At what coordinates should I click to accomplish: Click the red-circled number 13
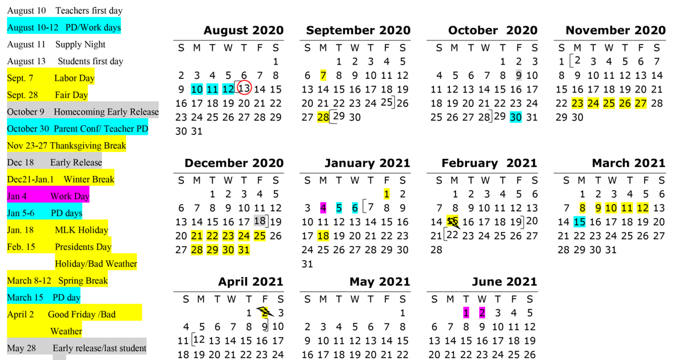point(244,88)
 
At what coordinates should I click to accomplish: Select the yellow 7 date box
point(323,75)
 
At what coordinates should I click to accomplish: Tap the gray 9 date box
point(519,75)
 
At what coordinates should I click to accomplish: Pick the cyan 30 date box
point(516,117)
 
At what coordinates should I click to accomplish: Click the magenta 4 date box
point(323,208)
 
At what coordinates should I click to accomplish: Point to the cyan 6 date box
point(355,208)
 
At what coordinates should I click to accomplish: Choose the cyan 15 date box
point(579,222)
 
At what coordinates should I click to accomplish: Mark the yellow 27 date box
point(640,103)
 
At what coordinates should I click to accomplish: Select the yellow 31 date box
point(244,250)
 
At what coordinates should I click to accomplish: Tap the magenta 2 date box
point(482,313)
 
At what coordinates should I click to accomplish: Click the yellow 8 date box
point(582,208)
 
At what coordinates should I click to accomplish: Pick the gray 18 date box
point(260,221)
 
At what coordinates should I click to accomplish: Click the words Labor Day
point(74,78)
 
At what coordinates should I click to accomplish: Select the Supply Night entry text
point(80,45)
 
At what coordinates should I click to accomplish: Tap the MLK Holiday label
point(81,230)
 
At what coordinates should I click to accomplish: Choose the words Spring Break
point(83,281)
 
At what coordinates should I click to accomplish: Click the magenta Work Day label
point(70,197)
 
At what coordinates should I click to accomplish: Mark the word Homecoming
point(79,112)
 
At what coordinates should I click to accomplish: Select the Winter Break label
point(89,179)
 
